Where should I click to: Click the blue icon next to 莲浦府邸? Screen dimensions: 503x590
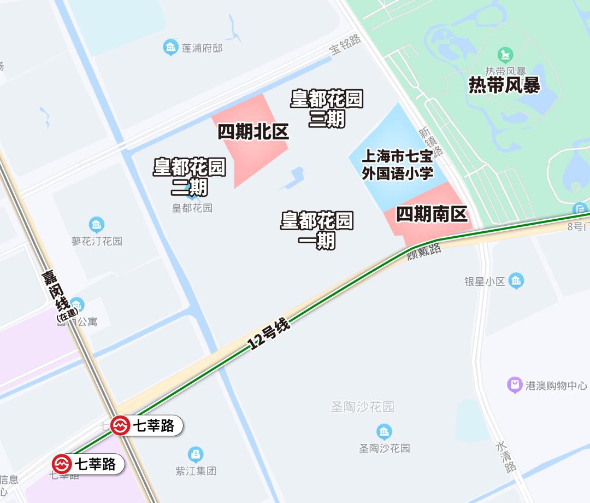171,48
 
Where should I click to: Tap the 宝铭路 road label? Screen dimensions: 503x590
345,44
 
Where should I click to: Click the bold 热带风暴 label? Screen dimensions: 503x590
504,85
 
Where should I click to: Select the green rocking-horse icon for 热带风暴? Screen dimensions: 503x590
505,55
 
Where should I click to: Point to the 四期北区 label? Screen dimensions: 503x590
253,132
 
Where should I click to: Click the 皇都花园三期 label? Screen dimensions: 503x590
327,109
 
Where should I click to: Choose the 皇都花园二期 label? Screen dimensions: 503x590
189,177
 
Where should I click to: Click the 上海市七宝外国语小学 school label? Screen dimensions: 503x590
397,165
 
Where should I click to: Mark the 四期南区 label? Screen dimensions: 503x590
432,215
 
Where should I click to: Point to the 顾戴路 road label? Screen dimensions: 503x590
424,252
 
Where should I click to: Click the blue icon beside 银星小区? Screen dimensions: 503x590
516,281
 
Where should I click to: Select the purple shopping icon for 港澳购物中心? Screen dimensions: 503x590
515,385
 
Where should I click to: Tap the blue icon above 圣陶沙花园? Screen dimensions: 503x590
384,431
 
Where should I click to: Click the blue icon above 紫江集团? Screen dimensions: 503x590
196,454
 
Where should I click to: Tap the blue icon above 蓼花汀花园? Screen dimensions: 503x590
96,225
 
